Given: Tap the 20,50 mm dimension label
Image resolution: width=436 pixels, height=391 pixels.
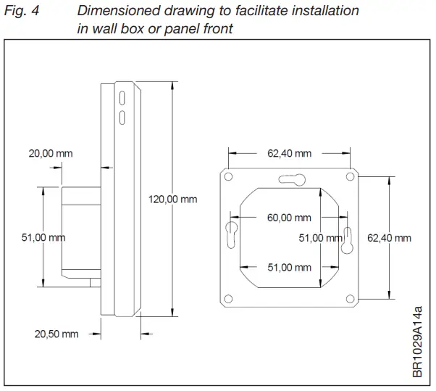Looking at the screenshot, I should click(x=56, y=334).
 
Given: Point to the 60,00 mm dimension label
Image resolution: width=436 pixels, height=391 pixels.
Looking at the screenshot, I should click(x=289, y=218).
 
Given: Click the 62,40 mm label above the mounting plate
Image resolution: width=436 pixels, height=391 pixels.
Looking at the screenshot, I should click(x=289, y=153).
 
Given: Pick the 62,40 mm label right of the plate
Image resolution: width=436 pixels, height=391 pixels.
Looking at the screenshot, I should click(x=390, y=237).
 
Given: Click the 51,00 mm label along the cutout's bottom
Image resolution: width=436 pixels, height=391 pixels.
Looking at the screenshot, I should click(x=289, y=268).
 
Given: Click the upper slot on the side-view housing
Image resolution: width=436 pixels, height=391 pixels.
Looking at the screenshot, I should click(x=122, y=96).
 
